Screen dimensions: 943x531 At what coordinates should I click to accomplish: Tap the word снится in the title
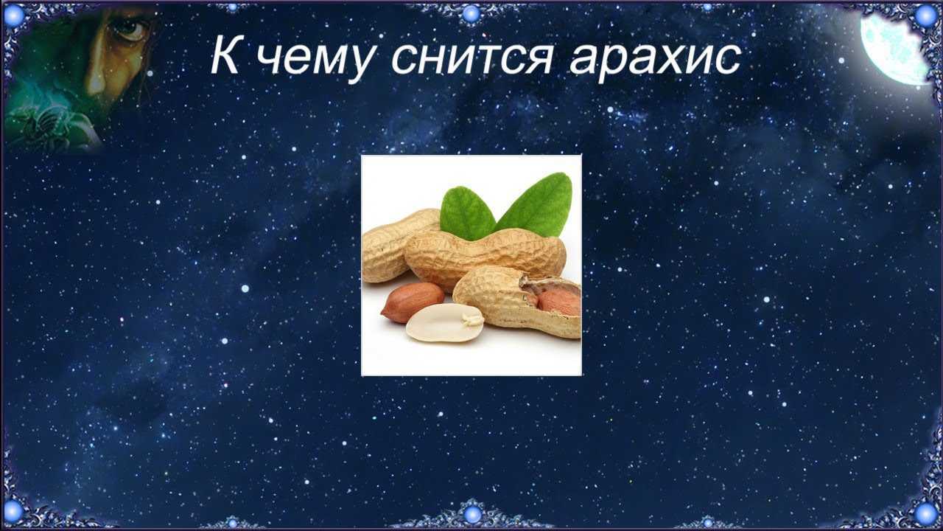tap(472, 60)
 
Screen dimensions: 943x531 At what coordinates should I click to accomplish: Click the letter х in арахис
tap(670, 60)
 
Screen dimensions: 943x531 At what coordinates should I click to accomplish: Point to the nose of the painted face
tap(96, 80)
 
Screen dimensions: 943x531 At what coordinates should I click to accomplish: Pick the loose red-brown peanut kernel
tap(412, 302)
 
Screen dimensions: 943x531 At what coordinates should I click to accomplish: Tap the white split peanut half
tap(444, 323)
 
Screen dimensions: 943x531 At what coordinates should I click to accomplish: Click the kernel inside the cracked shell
tap(559, 302)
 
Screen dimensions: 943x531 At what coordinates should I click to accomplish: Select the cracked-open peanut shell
tap(518, 302)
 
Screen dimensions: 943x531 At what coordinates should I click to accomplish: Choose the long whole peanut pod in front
tap(485, 257)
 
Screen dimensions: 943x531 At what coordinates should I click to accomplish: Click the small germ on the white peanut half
tap(472, 320)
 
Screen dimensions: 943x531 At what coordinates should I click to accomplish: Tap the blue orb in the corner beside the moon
tap(926, 15)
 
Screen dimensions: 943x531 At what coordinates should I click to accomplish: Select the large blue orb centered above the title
tap(471, 14)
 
